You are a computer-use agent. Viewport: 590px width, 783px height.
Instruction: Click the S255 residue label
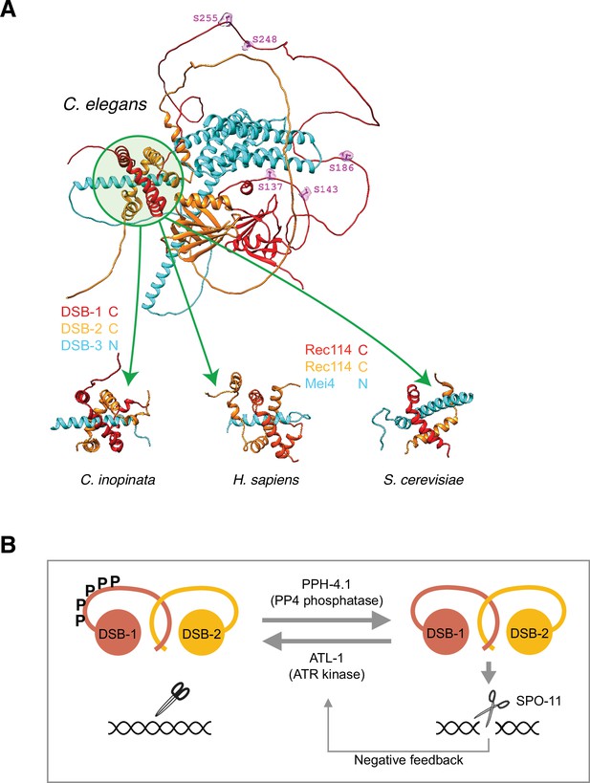pyautogui.click(x=206, y=18)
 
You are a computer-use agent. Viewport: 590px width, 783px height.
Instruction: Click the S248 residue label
pyautogui.click(x=265, y=39)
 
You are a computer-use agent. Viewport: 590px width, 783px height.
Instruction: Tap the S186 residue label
pyautogui.click(x=341, y=168)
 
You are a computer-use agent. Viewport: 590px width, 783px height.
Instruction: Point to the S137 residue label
pyautogui.click(x=271, y=187)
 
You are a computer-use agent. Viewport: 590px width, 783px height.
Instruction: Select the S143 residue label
pyautogui.click(x=326, y=189)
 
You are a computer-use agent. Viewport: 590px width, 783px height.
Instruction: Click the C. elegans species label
pyautogui.click(x=105, y=104)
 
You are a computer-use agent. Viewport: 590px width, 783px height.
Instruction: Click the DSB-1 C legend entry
pyautogui.click(x=90, y=312)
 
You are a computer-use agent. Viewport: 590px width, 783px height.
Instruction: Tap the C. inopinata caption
pyautogui.click(x=118, y=480)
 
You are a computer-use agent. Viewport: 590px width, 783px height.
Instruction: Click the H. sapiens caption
pyautogui.click(x=266, y=480)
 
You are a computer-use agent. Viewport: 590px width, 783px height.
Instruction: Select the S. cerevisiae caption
pyautogui.click(x=424, y=480)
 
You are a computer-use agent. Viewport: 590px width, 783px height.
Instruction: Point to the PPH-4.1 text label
pyautogui.click(x=327, y=583)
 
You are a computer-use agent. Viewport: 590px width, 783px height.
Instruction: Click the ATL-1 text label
pyautogui.click(x=327, y=658)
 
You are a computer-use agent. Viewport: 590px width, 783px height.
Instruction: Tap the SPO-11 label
pyautogui.click(x=538, y=701)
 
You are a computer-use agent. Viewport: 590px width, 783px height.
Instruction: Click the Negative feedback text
pyautogui.click(x=408, y=759)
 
